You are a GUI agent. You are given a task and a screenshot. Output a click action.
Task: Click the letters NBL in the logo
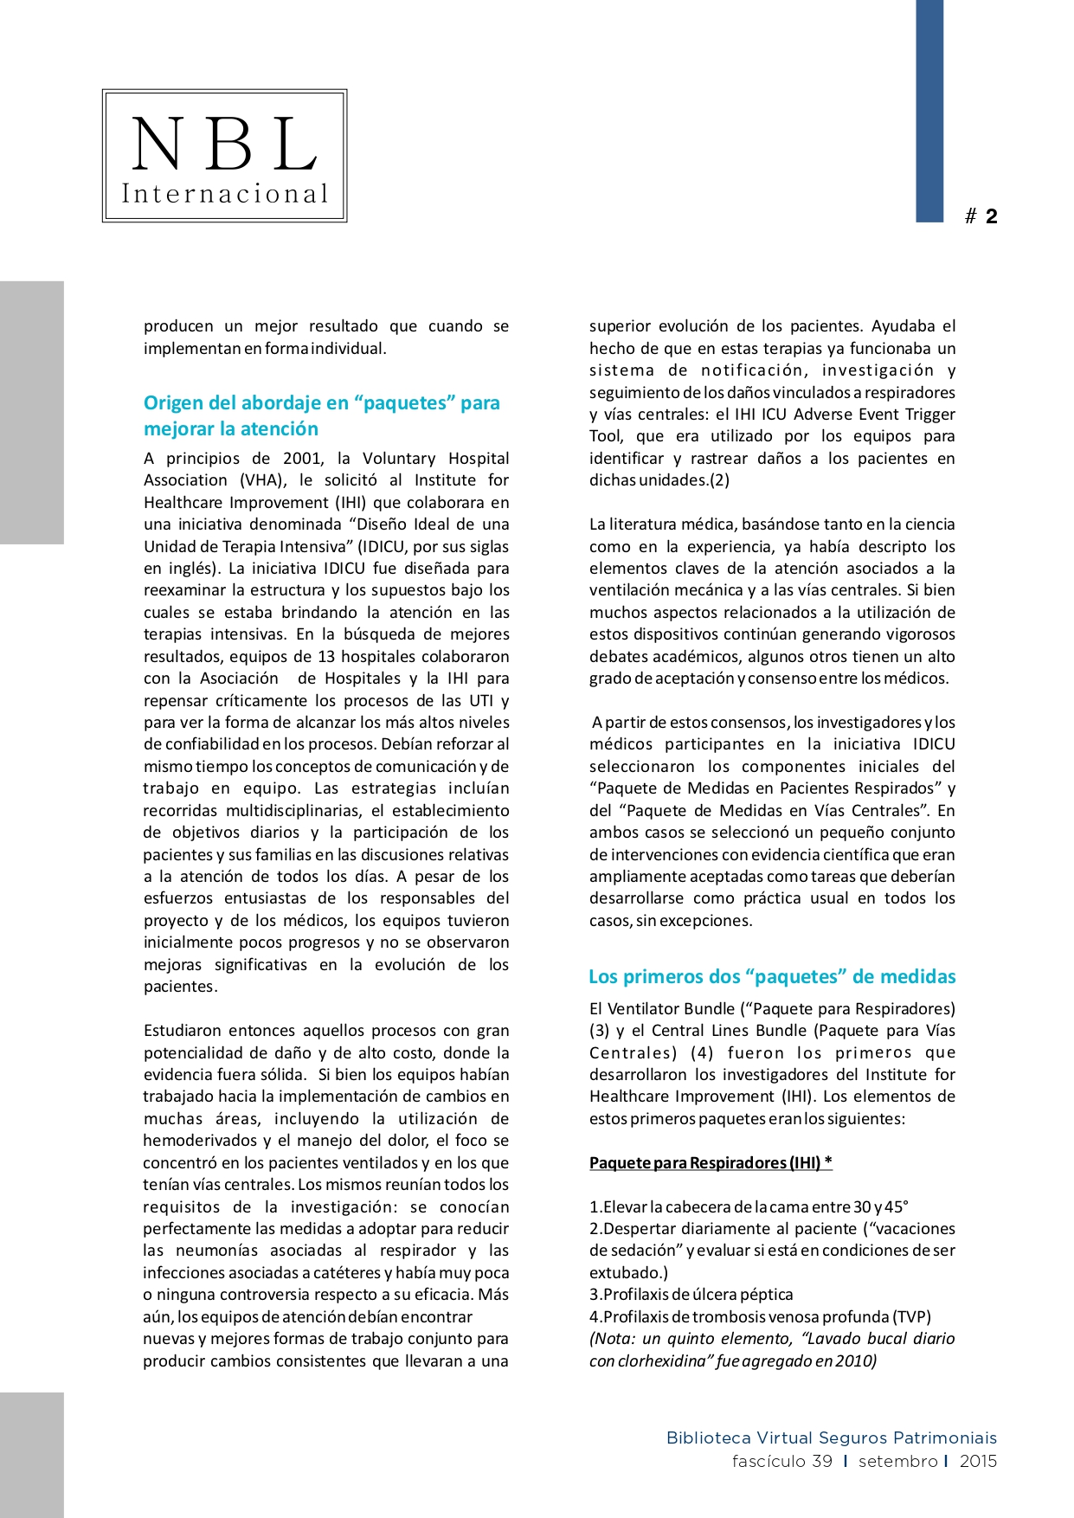(x=224, y=144)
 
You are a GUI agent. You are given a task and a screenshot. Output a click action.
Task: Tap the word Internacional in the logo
(x=225, y=194)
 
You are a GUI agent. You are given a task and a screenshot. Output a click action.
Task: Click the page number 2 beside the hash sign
(x=991, y=216)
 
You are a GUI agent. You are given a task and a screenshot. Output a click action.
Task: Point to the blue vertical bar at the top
(x=929, y=111)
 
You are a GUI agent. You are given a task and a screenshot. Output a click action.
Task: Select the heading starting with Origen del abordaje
(x=321, y=415)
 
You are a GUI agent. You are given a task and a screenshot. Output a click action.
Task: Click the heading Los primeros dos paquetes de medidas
(x=772, y=976)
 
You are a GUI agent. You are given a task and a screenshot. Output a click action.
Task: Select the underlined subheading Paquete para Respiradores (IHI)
(x=711, y=1162)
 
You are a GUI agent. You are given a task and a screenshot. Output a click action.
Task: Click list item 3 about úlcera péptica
(x=691, y=1295)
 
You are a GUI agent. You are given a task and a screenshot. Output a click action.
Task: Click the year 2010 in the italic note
(x=856, y=1360)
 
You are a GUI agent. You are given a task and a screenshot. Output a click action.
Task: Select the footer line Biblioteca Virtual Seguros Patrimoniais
(x=831, y=1438)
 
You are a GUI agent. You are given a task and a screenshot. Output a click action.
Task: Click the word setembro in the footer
(x=897, y=1461)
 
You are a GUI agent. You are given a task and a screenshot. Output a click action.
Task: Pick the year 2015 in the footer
(x=978, y=1461)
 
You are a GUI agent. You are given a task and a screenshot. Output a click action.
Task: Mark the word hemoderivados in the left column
(x=200, y=1141)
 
